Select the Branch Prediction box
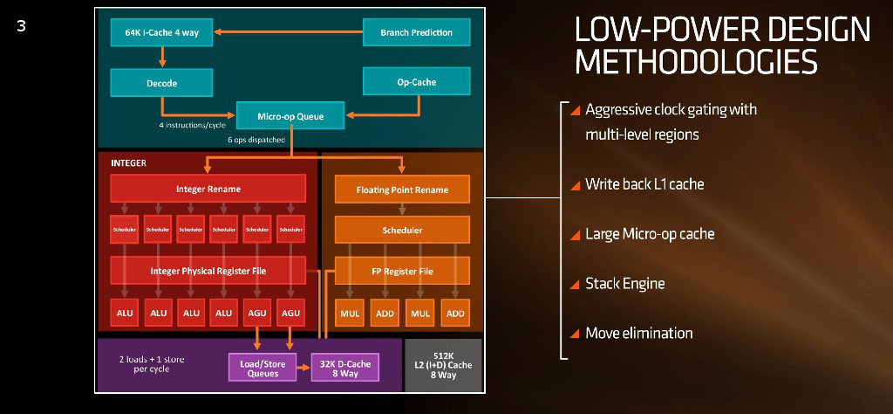(x=416, y=33)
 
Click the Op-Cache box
(x=416, y=82)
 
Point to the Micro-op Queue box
(x=291, y=115)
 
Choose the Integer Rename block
(x=208, y=189)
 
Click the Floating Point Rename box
(x=402, y=190)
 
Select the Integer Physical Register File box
(x=208, y=271)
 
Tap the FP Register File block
(x=402, y=271)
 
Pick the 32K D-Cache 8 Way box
(x=344, y=369)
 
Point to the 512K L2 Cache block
(x=442, y=365)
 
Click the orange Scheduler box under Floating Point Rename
(x=402, y=231)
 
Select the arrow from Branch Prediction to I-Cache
(x=288, y=33)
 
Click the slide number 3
(x=21, y=26)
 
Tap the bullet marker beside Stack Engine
(x=575, y=284)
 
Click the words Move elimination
(x=638, y=333)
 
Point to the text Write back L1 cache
(x=644, y=184)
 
